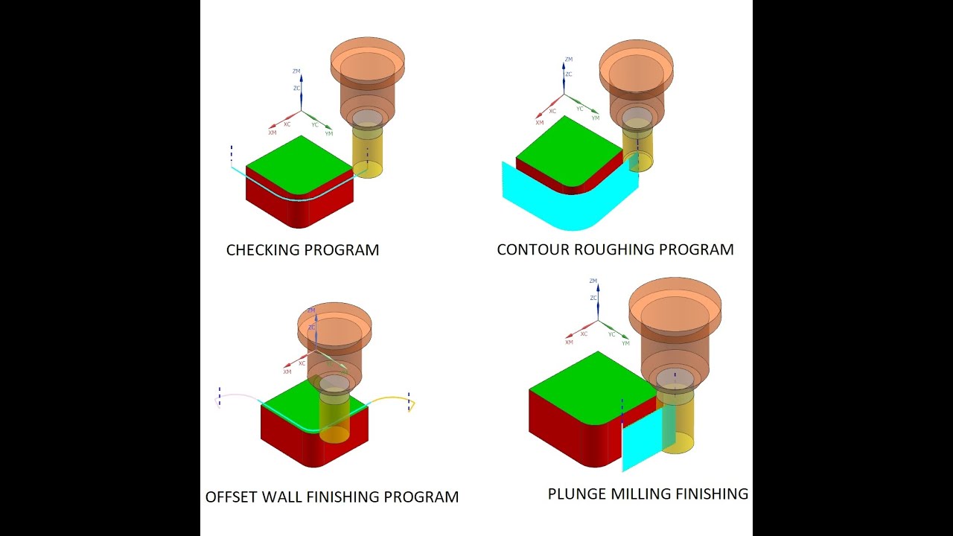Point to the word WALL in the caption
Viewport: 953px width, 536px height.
point(284,497)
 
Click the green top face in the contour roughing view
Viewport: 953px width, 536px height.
point(567,147)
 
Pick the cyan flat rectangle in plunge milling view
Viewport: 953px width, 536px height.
point(640,439)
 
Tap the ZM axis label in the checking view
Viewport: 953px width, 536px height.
point(296,71)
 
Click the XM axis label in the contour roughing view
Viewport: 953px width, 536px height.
point(539,122)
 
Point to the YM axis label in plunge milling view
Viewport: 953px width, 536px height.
point(625,343)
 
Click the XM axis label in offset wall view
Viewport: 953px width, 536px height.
point(287,371)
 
